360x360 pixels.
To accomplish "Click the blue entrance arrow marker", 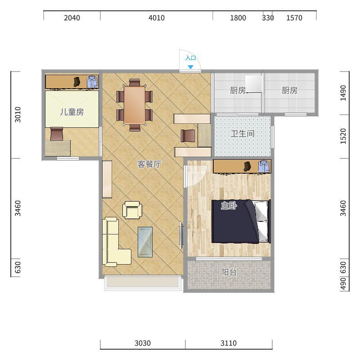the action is tap(190, 67).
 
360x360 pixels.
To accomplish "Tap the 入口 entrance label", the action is tap(190, 58).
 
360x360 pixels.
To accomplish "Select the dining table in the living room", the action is tap(135, 105).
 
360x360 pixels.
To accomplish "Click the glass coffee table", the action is tap(145, 242).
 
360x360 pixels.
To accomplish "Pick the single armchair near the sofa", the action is tap(132, 210).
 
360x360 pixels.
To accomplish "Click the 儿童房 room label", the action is tap(72, 112).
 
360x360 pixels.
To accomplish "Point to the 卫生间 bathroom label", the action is tap(243, 134).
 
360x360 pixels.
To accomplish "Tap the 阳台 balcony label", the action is tap(229, 272).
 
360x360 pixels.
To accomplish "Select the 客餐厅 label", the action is tap(149, 164).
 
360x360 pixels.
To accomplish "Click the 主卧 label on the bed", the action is tap(229, 206).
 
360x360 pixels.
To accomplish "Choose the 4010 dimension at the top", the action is tap(157, 18).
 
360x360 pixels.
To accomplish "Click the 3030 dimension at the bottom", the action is tap(143, 343).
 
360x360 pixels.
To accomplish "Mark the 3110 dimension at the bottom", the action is tap(229, 343).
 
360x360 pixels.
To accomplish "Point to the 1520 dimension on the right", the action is tap(343, 136).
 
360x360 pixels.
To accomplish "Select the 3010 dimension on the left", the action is tap(18, 115).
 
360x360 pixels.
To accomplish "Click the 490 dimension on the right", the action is tap(343, 284).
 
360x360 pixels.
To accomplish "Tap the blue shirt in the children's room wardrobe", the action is tap(92, 82).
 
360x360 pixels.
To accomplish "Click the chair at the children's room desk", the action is tap(57, 134).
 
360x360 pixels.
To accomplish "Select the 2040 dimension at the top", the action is tap(72, 18).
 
